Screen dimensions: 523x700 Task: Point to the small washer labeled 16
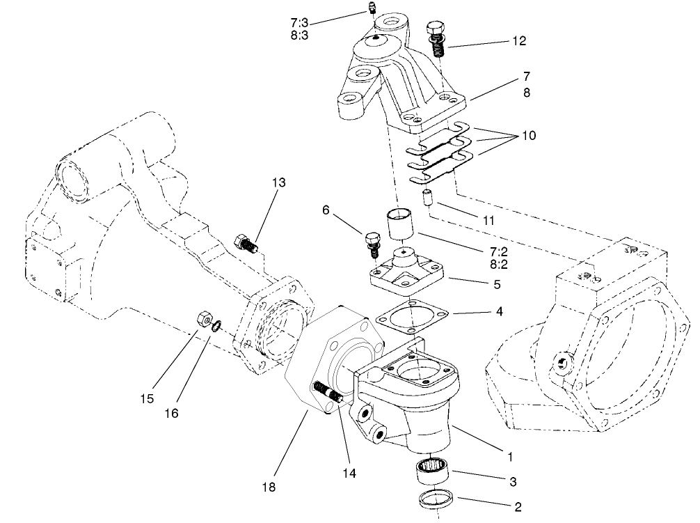click(218, 324)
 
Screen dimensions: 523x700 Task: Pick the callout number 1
click(510, 457)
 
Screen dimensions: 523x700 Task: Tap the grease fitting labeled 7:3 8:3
click(372, 9)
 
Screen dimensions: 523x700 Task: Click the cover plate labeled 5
click(408, 274)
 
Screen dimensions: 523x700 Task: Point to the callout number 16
click(171, 413)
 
